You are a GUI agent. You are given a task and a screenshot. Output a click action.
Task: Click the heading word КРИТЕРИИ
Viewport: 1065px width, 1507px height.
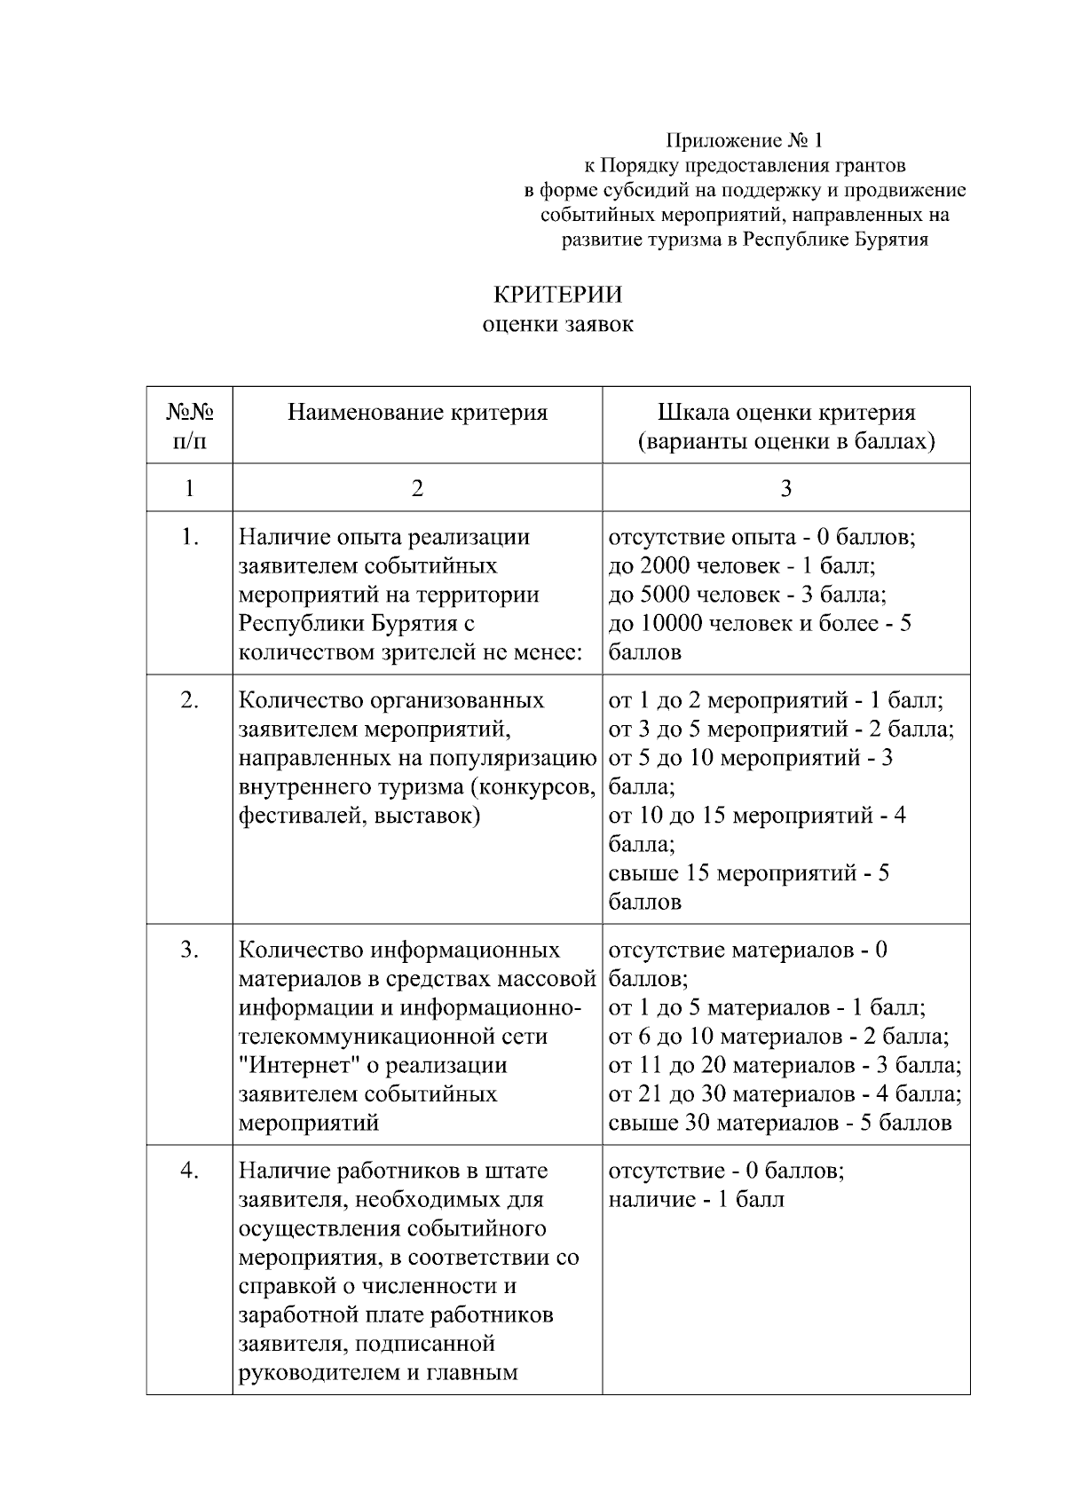point(557,294)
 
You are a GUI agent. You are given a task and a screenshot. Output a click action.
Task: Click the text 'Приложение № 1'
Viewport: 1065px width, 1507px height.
point(745,140)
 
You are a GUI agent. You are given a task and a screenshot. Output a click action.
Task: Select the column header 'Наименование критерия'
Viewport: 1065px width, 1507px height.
point(417,413)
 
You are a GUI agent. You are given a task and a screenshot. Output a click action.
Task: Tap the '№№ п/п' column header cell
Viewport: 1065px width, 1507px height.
point(189,425)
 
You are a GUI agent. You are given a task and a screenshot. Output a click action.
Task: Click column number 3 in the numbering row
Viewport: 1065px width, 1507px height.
point(785,487)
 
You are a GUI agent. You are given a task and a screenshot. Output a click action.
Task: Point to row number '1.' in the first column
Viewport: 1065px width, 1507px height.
point(189,537)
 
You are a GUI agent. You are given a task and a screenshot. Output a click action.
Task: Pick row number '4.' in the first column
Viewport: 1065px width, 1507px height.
point(189,1171)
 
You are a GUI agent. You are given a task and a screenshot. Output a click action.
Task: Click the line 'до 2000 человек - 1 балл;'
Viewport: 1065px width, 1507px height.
point(742,565)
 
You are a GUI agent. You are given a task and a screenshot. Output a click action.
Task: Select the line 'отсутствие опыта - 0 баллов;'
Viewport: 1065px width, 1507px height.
point(761,537)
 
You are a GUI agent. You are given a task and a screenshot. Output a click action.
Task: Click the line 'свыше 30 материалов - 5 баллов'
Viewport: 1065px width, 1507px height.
point(779,1123)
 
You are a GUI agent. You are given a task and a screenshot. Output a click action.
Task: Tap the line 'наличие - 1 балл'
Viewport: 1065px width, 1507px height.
point(696,1200)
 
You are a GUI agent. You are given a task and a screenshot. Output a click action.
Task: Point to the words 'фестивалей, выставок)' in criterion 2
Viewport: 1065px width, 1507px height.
point(359,815)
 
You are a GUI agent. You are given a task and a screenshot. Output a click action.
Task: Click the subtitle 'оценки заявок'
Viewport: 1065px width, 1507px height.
point(557,324)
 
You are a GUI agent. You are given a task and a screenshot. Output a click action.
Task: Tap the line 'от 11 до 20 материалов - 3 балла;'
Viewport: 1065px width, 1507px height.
point(785,1065)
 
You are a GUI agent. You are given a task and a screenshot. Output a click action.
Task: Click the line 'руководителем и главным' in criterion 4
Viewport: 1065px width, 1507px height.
point(377,1373)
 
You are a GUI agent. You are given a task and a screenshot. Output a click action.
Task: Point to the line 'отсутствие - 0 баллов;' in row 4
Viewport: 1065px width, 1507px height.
point(726,1171)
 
